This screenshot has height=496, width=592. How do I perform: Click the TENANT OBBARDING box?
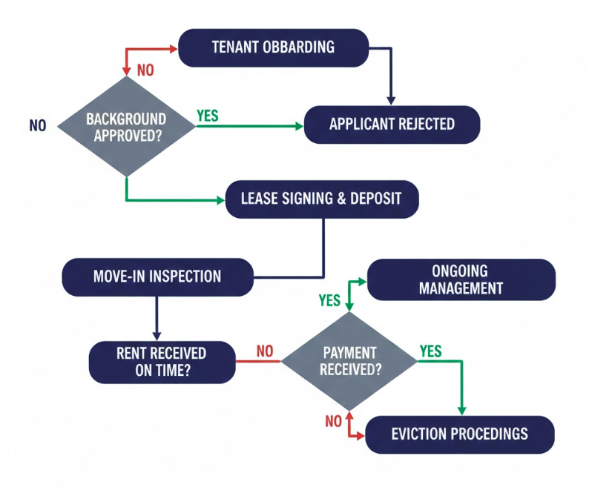pyautogui.click(x=273, y=47)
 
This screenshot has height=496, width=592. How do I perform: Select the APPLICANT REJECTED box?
pyautogui.click(x=392, y=124)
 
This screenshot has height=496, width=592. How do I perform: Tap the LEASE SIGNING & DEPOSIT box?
pyautogui.click(x=321, y=199)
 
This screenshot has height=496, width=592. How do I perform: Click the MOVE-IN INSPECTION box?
pyautogui.click(x=157, y=277)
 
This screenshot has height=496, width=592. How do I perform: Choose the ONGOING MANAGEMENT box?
pyautogui.click(x=461, y=280)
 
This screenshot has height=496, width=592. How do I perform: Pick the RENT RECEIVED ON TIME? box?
pyautogui.click(x=162, y=361)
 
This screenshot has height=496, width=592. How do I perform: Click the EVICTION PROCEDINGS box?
pyautogui.click(x=459, y=434)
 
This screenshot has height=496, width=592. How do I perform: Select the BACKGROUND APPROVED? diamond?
pyautogui.click(x=126, y=127)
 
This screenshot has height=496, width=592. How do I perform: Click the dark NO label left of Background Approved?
pyautogui.click(x=38, y=126)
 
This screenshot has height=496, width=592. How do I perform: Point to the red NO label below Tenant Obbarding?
pyautogui.click(x=145, y=70)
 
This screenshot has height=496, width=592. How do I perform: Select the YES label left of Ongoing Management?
pyautogui.click(x=329, y=300)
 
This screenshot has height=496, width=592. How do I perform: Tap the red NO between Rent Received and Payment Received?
pyautogui.click(x=265, y=351)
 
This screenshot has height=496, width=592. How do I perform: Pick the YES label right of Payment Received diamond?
pyautogui.click(x=431, y=350)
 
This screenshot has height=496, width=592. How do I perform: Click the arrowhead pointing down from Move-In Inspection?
pyautogui.click(x=157, y=335)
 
